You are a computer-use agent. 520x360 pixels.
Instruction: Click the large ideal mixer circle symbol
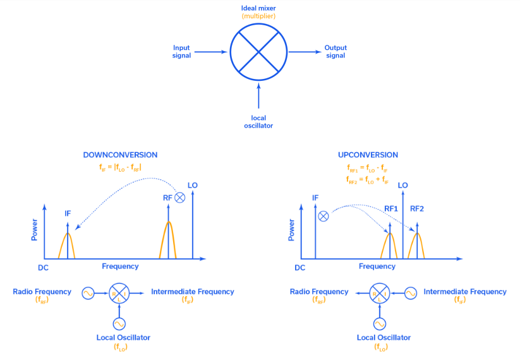[258, 52]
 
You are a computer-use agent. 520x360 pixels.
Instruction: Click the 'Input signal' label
[181, 52]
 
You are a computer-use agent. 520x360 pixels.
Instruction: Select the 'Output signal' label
[336, 52]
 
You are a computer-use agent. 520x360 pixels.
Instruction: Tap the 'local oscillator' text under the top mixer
[258, 122]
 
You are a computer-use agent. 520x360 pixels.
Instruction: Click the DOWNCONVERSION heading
[120, 155]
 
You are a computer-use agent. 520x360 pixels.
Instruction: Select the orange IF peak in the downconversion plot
[67, 245]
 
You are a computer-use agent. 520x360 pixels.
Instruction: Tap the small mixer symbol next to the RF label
[180, 198]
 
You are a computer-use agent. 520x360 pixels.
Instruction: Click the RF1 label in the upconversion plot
[391, 208]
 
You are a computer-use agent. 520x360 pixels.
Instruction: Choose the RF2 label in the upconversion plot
[417, 208]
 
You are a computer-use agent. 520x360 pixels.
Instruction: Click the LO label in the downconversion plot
[193, 185]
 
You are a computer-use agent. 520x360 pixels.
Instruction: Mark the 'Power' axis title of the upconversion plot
[291, 231]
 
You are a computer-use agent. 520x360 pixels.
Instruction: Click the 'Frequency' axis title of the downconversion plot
[120, 267]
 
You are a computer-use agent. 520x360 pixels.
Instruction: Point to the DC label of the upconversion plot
[299, 268]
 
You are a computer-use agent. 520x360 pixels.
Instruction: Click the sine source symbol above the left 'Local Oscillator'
[119, 323]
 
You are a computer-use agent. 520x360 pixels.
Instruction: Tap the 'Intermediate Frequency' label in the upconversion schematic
[464, 292]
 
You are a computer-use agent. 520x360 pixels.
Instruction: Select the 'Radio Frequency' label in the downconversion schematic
[42, 292]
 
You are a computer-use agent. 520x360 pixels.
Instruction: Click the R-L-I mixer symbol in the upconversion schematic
[379, 292]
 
